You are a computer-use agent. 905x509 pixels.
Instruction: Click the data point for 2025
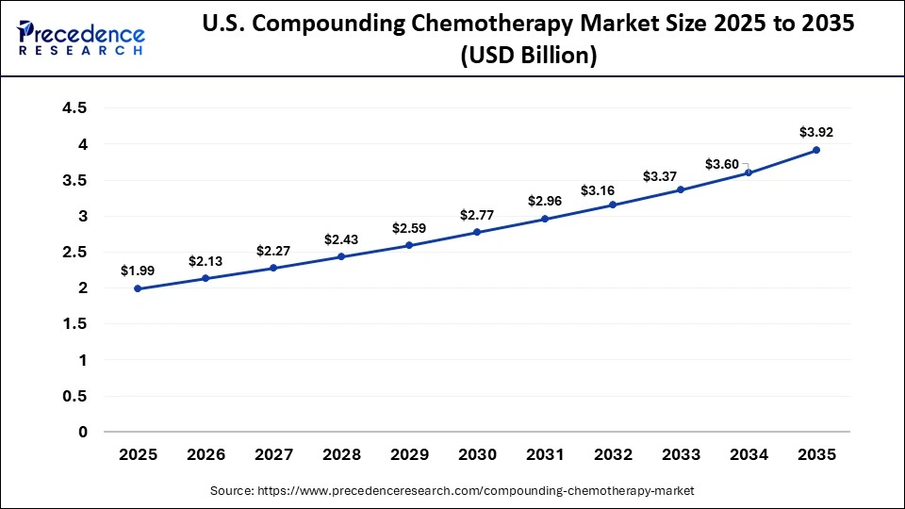tap(138, 288)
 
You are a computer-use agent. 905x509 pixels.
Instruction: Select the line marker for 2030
tap(477, 232)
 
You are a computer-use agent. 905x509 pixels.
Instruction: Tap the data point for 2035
tap(816, 150)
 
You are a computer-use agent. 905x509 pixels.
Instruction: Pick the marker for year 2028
tap(341, 256)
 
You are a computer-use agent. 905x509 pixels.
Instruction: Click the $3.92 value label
tap(816, 132)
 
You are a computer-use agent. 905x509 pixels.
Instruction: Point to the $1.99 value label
tap(138, 271)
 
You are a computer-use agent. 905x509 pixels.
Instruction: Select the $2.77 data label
tap(477, 215)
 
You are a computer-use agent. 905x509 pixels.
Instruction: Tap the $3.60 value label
tap(722, 164)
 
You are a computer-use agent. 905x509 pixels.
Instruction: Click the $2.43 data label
tap(341, 239)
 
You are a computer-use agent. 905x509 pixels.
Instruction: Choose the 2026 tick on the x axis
tap(206, 455)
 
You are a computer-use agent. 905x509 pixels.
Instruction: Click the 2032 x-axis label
tap(613, 455)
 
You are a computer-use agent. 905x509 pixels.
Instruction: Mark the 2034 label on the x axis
tap(749, 455)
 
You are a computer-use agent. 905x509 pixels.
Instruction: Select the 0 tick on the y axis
tap(82, 432)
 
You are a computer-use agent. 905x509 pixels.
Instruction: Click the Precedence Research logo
tap(81, 37)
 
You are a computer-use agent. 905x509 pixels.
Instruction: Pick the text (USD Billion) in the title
tap(528, 57)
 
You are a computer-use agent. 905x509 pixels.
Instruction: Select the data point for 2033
tap(681, 189)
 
